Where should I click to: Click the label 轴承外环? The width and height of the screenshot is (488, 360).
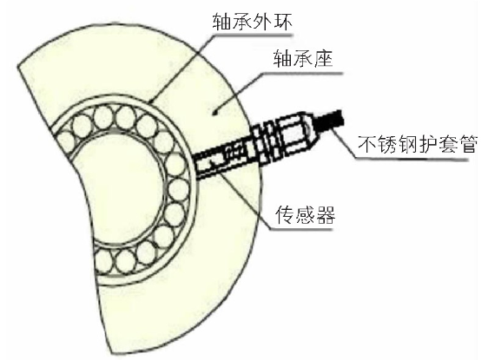(253, 23)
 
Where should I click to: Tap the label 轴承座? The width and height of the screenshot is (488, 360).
(302, 58)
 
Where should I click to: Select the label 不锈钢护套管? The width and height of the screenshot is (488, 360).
(417, 144)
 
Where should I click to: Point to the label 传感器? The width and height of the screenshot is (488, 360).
(305, 214)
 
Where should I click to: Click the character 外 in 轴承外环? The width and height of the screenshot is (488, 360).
(262, 23)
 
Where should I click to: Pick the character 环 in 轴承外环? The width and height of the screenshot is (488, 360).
(282, 23)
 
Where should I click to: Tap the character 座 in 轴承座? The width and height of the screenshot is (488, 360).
(322, 58)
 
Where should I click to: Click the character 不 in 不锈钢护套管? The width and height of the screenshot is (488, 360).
(367, 144)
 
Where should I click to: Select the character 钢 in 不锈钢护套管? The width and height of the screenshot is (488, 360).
(407, 144)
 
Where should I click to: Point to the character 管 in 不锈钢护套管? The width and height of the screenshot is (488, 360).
(467, 144)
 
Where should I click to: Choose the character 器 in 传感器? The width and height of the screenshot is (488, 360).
(325, 214)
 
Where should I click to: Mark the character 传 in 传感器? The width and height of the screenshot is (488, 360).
(285, 214)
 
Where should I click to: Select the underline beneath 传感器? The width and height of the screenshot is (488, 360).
(301, 229)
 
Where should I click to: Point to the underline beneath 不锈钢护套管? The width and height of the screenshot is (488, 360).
(412, 159)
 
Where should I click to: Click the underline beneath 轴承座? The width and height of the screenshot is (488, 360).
(303, 74)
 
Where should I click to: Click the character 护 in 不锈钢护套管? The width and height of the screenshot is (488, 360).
(427, 144)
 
